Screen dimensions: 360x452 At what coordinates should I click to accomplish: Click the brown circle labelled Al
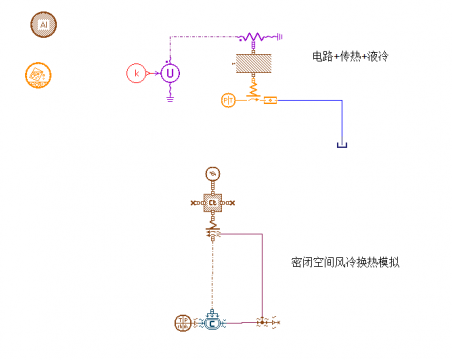(x=43, y=23)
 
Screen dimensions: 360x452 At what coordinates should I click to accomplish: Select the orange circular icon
(x=37, y=74)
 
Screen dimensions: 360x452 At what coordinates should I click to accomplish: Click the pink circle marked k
(x=136, y=73)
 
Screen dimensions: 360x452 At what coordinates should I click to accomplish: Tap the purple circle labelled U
(x=170, y=72)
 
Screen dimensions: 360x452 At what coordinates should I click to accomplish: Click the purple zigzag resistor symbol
(x=251, y=37)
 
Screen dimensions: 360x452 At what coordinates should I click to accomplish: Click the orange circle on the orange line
(x=228, y=100)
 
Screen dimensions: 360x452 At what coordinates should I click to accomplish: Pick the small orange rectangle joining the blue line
(x=269, y=101)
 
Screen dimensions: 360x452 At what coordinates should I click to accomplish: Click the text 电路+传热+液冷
(x=350, y=56)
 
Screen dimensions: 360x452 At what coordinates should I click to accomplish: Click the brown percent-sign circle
(x=211, y=174)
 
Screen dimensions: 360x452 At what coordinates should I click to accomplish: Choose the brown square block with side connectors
(x=212, y=203)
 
